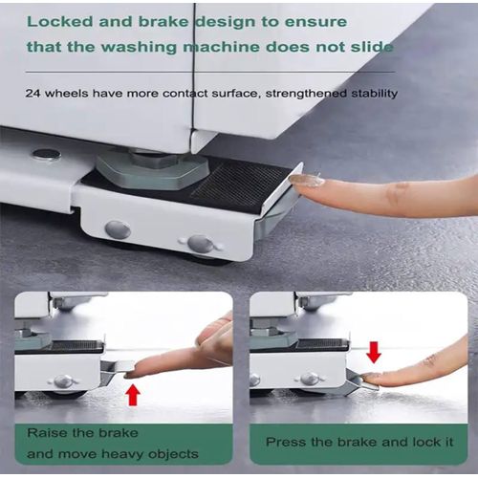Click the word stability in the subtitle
368,93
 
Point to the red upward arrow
134,393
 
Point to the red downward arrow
374,351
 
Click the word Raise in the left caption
48,432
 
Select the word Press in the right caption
286,443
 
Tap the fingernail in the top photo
306,180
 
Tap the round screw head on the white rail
45,154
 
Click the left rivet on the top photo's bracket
118,229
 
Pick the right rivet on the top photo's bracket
200,243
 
